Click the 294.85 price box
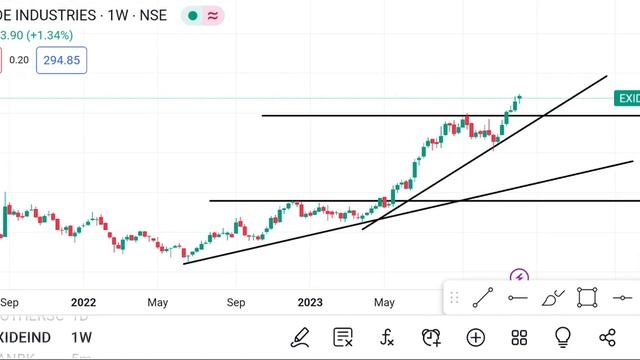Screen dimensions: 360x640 click(60, 60)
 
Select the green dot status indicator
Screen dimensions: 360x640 click(191, 16)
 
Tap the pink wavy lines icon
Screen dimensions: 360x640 click(213, 16)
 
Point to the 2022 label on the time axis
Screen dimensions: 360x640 click(83, 301)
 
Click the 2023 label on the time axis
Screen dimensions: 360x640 click(310, 301)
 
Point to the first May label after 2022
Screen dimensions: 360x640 click(158, 301)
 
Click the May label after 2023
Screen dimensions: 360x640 click(385, 301)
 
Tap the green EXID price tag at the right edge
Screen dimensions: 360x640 click(627, 98)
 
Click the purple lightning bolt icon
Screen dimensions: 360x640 click(518, 277)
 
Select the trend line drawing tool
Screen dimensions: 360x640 click(483, 297)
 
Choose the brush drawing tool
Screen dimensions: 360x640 click(553, 297)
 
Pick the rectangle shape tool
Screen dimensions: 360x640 click(587, 297)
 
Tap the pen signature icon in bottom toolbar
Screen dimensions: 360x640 click(299, 338)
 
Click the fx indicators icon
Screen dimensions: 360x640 click(387, 338)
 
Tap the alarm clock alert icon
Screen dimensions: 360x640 click(431, 338)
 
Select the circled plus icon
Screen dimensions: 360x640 click(475, 338)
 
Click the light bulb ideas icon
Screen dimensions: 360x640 click(563, 338)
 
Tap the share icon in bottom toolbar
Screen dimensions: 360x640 click(607, 338)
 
